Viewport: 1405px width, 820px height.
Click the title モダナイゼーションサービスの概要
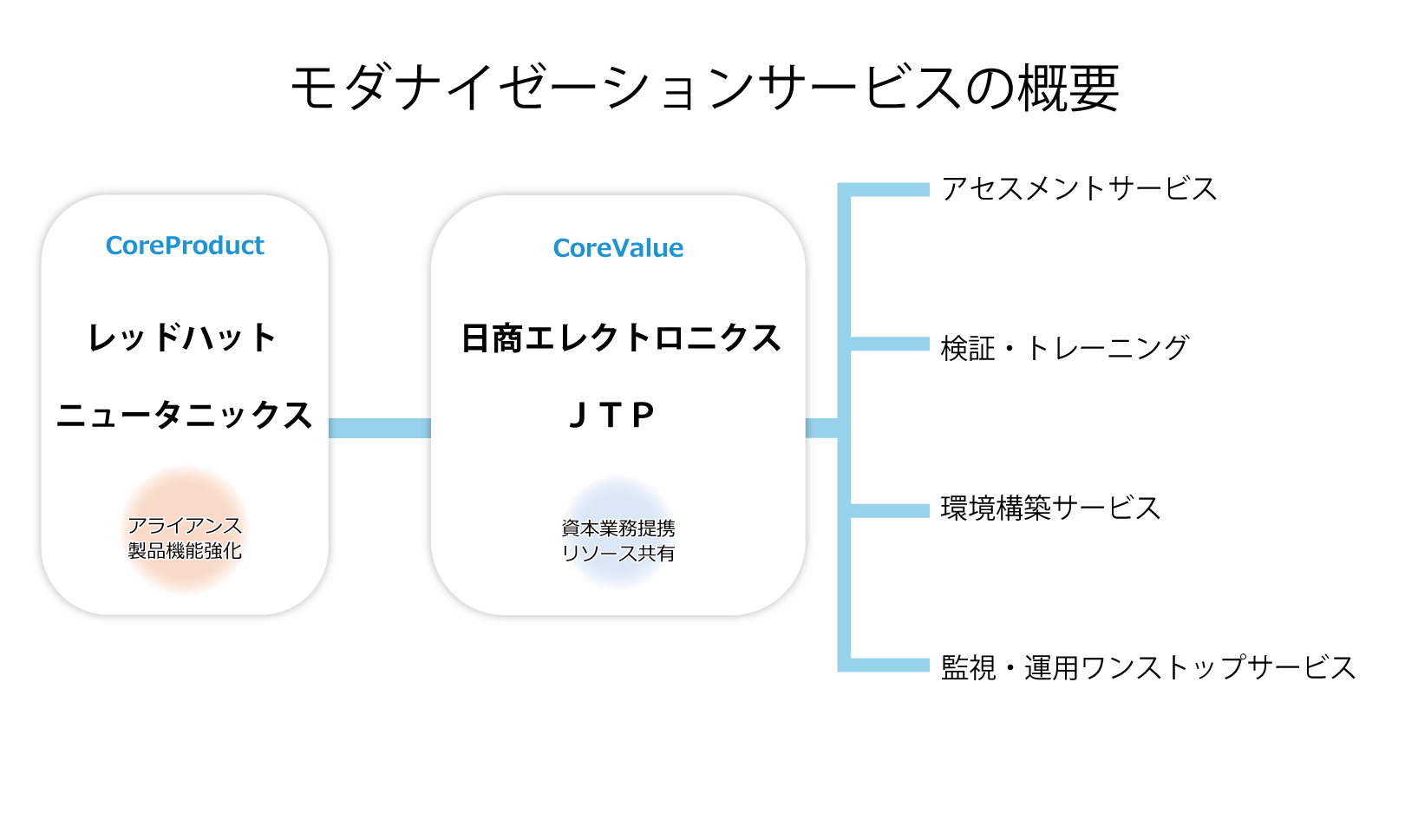pos(705,88)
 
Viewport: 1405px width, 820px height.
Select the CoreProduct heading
pos(185,246)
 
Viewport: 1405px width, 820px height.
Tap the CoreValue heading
pos(618,248)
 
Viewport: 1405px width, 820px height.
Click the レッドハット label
pos(182,338)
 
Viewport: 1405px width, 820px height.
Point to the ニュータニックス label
pos(185,415)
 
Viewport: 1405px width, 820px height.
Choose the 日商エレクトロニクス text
pos(621,338)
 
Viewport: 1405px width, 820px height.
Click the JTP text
pos(611,415)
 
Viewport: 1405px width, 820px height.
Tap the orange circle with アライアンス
pos(185,530)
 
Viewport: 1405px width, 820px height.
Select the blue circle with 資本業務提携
pos(618,533)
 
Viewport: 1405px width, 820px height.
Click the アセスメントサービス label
pos(1079,189)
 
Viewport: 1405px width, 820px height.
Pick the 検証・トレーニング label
pos(1064,348)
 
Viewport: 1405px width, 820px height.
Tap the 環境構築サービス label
pos(1050,508)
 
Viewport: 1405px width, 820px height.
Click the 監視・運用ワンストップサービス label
pos(1147,667)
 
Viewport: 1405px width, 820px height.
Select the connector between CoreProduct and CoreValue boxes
pos(380,428)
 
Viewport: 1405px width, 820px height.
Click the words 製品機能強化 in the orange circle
pos(185,551)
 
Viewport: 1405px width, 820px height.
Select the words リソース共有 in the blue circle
pos(618,554)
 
